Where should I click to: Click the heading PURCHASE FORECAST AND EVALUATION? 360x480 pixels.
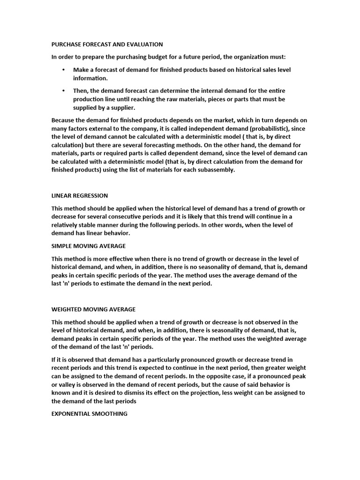coord(107,45)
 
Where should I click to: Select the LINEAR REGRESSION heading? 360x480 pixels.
coord(80,195)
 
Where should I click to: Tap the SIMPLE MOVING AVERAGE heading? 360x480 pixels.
coord(89,246)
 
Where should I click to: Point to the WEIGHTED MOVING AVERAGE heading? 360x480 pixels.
coord(93,309)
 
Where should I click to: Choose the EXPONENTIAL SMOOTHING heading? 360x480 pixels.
coord(89,414)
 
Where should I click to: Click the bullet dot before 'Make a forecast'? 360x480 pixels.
coord(64,70)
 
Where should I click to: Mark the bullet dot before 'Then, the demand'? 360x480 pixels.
coord(64,90)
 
